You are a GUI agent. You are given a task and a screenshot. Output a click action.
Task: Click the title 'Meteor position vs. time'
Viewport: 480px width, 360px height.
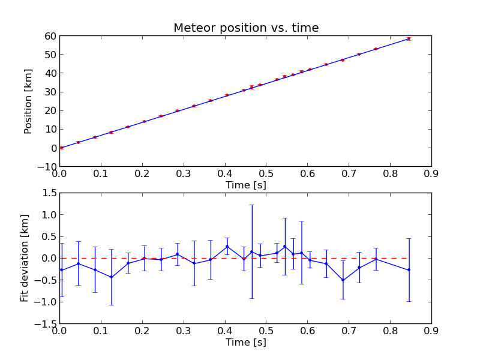(246, 28)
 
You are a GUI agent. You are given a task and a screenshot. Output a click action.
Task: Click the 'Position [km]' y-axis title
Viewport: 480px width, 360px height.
(28, 101)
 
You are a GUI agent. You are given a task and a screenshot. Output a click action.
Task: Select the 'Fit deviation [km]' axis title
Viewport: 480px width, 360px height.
(25, 258)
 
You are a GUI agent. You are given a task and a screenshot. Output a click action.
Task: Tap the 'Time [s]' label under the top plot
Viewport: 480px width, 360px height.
(245, 185)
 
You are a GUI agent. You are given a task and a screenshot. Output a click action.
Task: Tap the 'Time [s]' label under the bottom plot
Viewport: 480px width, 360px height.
(245, 342)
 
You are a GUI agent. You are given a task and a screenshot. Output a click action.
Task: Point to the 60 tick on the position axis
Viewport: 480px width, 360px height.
(50, 36)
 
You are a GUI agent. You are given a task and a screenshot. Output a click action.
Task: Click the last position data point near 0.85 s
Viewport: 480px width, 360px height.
(409, 38)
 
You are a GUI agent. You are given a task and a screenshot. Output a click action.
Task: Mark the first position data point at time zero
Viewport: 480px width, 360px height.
(61, 148)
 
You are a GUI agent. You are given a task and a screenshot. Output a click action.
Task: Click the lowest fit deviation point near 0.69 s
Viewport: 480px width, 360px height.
(343, 280)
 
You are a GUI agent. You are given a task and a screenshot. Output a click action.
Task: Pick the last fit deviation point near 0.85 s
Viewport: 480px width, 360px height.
(409, 270)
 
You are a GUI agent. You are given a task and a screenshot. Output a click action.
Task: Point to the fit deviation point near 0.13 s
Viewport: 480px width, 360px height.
(111, 277)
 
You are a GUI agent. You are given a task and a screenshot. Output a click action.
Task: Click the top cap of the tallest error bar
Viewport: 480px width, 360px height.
(251, 205)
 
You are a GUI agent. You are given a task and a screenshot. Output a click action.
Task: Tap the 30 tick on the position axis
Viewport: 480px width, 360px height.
(50, 92)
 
